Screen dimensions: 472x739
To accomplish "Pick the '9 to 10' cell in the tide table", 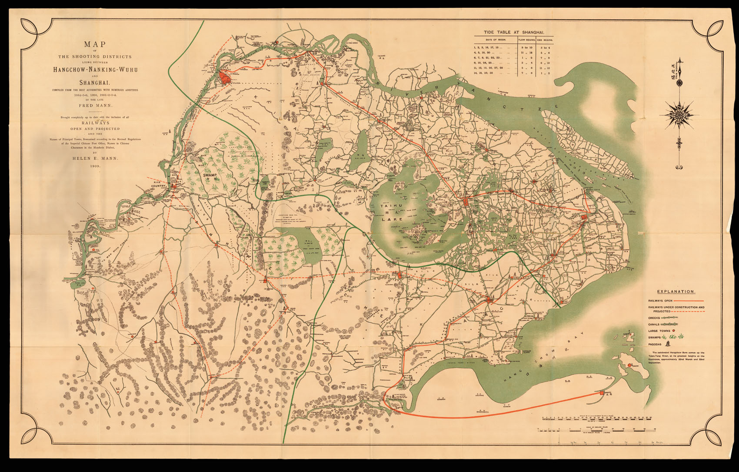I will [526, 47].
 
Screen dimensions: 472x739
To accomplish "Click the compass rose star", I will [679, 115].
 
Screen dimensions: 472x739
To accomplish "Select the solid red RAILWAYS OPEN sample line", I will [689, 301].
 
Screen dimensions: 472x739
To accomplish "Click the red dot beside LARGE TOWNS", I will [673, 331].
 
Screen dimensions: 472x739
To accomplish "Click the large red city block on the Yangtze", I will [224, 78].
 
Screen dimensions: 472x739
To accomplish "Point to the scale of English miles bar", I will [596, 429].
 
